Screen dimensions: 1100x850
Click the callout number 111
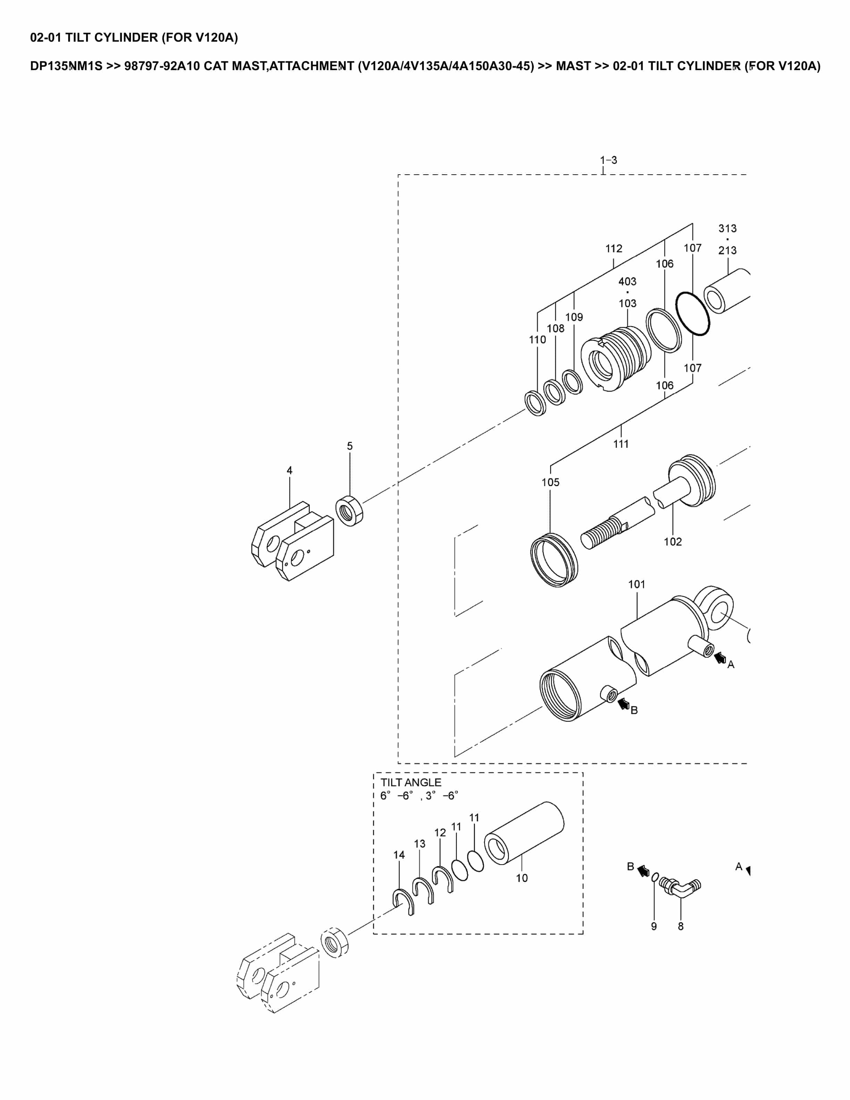620,444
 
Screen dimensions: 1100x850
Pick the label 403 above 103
627,282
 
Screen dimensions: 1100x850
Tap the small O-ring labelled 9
655,877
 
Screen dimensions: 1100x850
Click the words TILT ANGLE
410,782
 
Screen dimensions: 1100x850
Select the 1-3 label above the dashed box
608,160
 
